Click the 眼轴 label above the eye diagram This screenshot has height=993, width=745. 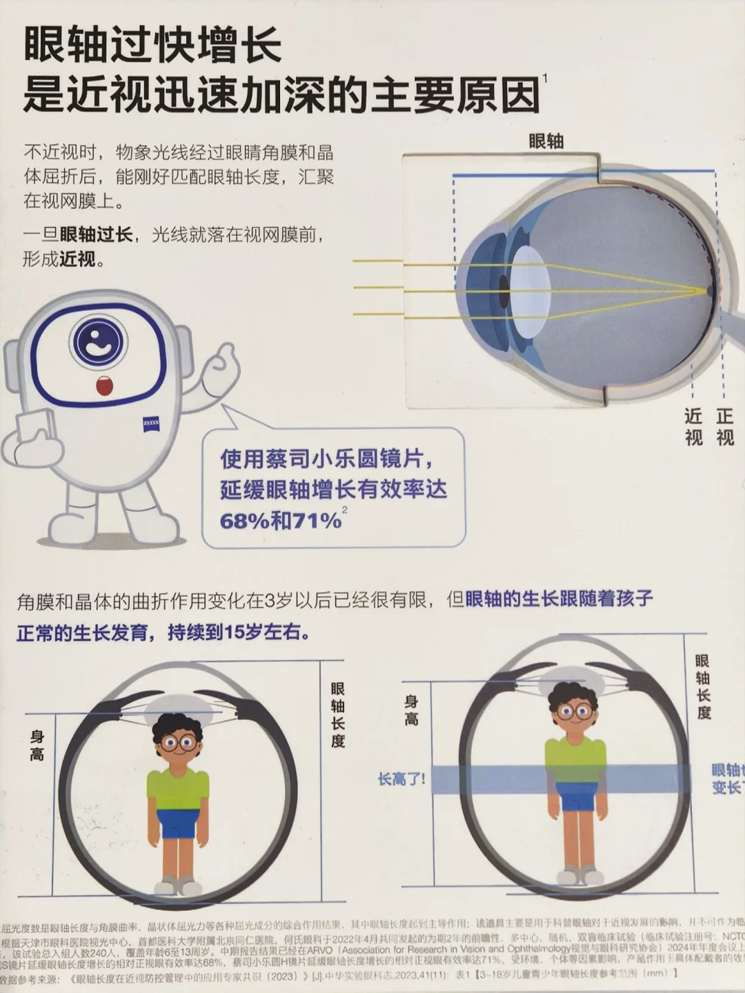(546, 141)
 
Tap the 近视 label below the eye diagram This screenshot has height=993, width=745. (693, 426)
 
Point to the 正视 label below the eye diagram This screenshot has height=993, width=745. (724, 426)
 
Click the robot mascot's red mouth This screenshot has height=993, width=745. (104, 385)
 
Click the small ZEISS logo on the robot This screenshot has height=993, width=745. (151, 422)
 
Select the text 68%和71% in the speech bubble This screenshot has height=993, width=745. (281, 520)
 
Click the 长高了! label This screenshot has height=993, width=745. (401, 779)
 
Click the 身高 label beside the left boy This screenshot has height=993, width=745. (37, 745)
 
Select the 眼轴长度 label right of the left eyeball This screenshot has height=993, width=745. (337, 714)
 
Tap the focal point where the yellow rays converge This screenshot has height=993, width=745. (711, 290)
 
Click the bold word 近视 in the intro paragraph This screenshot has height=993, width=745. (77, 259)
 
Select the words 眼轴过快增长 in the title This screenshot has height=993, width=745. (153, 46)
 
